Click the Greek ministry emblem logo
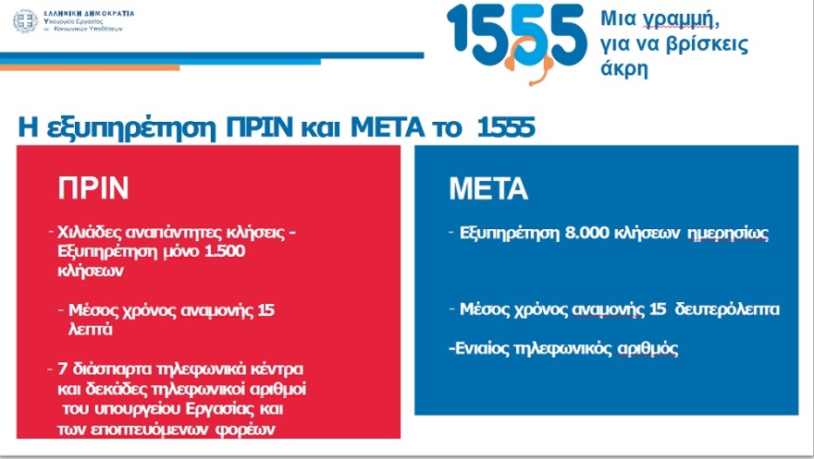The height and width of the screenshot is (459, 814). [x=26, y=21]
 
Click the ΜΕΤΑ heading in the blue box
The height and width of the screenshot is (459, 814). [x=487, y=189]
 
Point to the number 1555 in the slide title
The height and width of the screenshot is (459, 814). [x=506, y=127]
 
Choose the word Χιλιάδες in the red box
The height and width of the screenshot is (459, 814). [x=90, y=234]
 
